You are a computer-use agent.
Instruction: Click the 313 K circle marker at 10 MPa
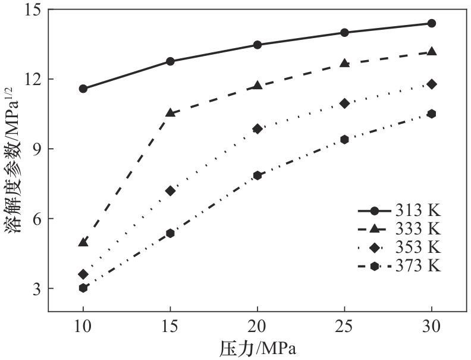tap(83, 89)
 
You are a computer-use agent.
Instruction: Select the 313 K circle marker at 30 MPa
tap(432, 23)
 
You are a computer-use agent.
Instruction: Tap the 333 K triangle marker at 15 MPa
tap(170, 112)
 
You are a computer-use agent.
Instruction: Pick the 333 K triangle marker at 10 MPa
tap(83, 242)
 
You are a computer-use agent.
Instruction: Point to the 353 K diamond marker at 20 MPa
tap(258, 129)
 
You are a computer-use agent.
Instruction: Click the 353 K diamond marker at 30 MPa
tap(432, 84)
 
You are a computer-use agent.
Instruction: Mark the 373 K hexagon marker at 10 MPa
tap(83, 288)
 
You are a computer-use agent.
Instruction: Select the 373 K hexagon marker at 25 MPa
tap(344, 139)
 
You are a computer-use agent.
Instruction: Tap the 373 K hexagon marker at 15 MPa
tap(170, 233)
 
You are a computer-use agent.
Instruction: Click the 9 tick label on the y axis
tap(36, 149)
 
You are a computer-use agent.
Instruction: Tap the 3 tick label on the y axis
tap(36, 289)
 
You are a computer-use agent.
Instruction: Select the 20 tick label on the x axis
tap(258, 327)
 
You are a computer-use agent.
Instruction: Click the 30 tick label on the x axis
tap(432, 327)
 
